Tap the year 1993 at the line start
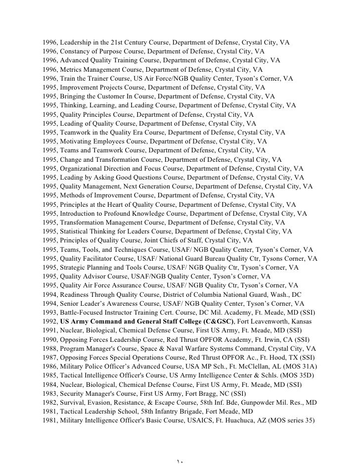(x=49, y=312)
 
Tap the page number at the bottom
(x=180, y=461)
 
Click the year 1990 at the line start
(x=49, y=339)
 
